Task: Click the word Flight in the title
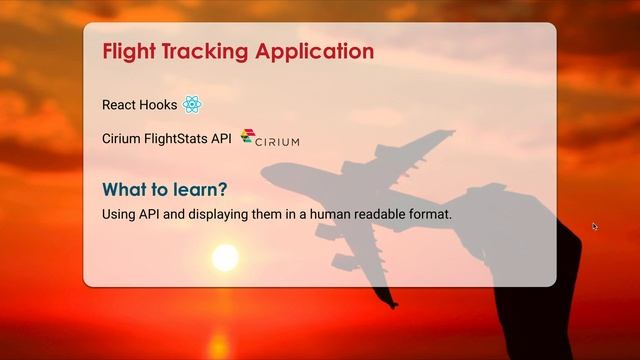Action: point(131,51)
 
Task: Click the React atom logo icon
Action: point(193,104)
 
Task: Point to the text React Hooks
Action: point(139,105)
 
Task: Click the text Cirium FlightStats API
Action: point(167,139)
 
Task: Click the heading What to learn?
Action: point(165,190)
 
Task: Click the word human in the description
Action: point(326,214)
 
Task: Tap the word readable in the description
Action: point(381,214)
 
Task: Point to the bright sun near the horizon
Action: point(225,258)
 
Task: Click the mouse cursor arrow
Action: point(595,226)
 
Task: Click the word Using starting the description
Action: point(119,214)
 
